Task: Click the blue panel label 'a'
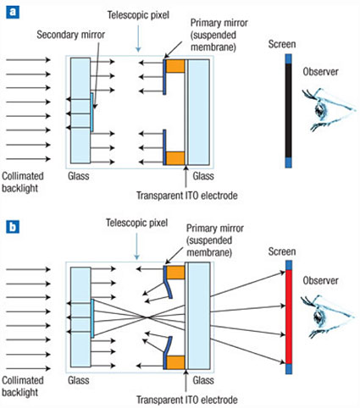13,12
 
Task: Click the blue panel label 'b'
13,227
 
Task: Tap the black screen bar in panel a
288,111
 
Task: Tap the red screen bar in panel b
289,317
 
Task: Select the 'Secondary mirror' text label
70,35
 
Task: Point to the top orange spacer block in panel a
175,66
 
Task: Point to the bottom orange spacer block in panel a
175,158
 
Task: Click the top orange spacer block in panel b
175,273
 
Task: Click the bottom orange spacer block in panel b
175,362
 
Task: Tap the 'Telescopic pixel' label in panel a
138,15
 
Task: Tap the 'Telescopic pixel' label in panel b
136,223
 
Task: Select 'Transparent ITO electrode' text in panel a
187,196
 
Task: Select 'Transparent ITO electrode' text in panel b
187,400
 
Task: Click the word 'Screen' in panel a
282,44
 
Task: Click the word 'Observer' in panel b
320,280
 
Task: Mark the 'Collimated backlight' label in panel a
23,182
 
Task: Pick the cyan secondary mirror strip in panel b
92,318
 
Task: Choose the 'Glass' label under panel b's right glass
203,380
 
